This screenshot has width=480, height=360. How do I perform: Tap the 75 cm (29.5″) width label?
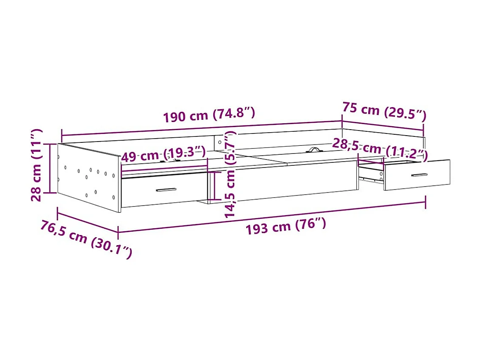[384, 110]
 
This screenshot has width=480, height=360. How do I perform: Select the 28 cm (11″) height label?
[37, 165]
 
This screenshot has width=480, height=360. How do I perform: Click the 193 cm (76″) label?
[286, 226]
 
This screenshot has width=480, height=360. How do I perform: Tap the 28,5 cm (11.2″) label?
[380, 149]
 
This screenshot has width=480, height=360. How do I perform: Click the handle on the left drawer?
[166, 190]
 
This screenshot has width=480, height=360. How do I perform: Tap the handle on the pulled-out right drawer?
[419, 175]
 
